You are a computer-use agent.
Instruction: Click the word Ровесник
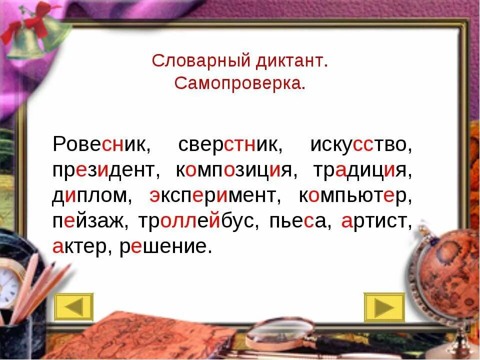tap(98, 145)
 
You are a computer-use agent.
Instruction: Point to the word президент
tap(105, 170)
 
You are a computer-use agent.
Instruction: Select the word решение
tap(162, 247)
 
